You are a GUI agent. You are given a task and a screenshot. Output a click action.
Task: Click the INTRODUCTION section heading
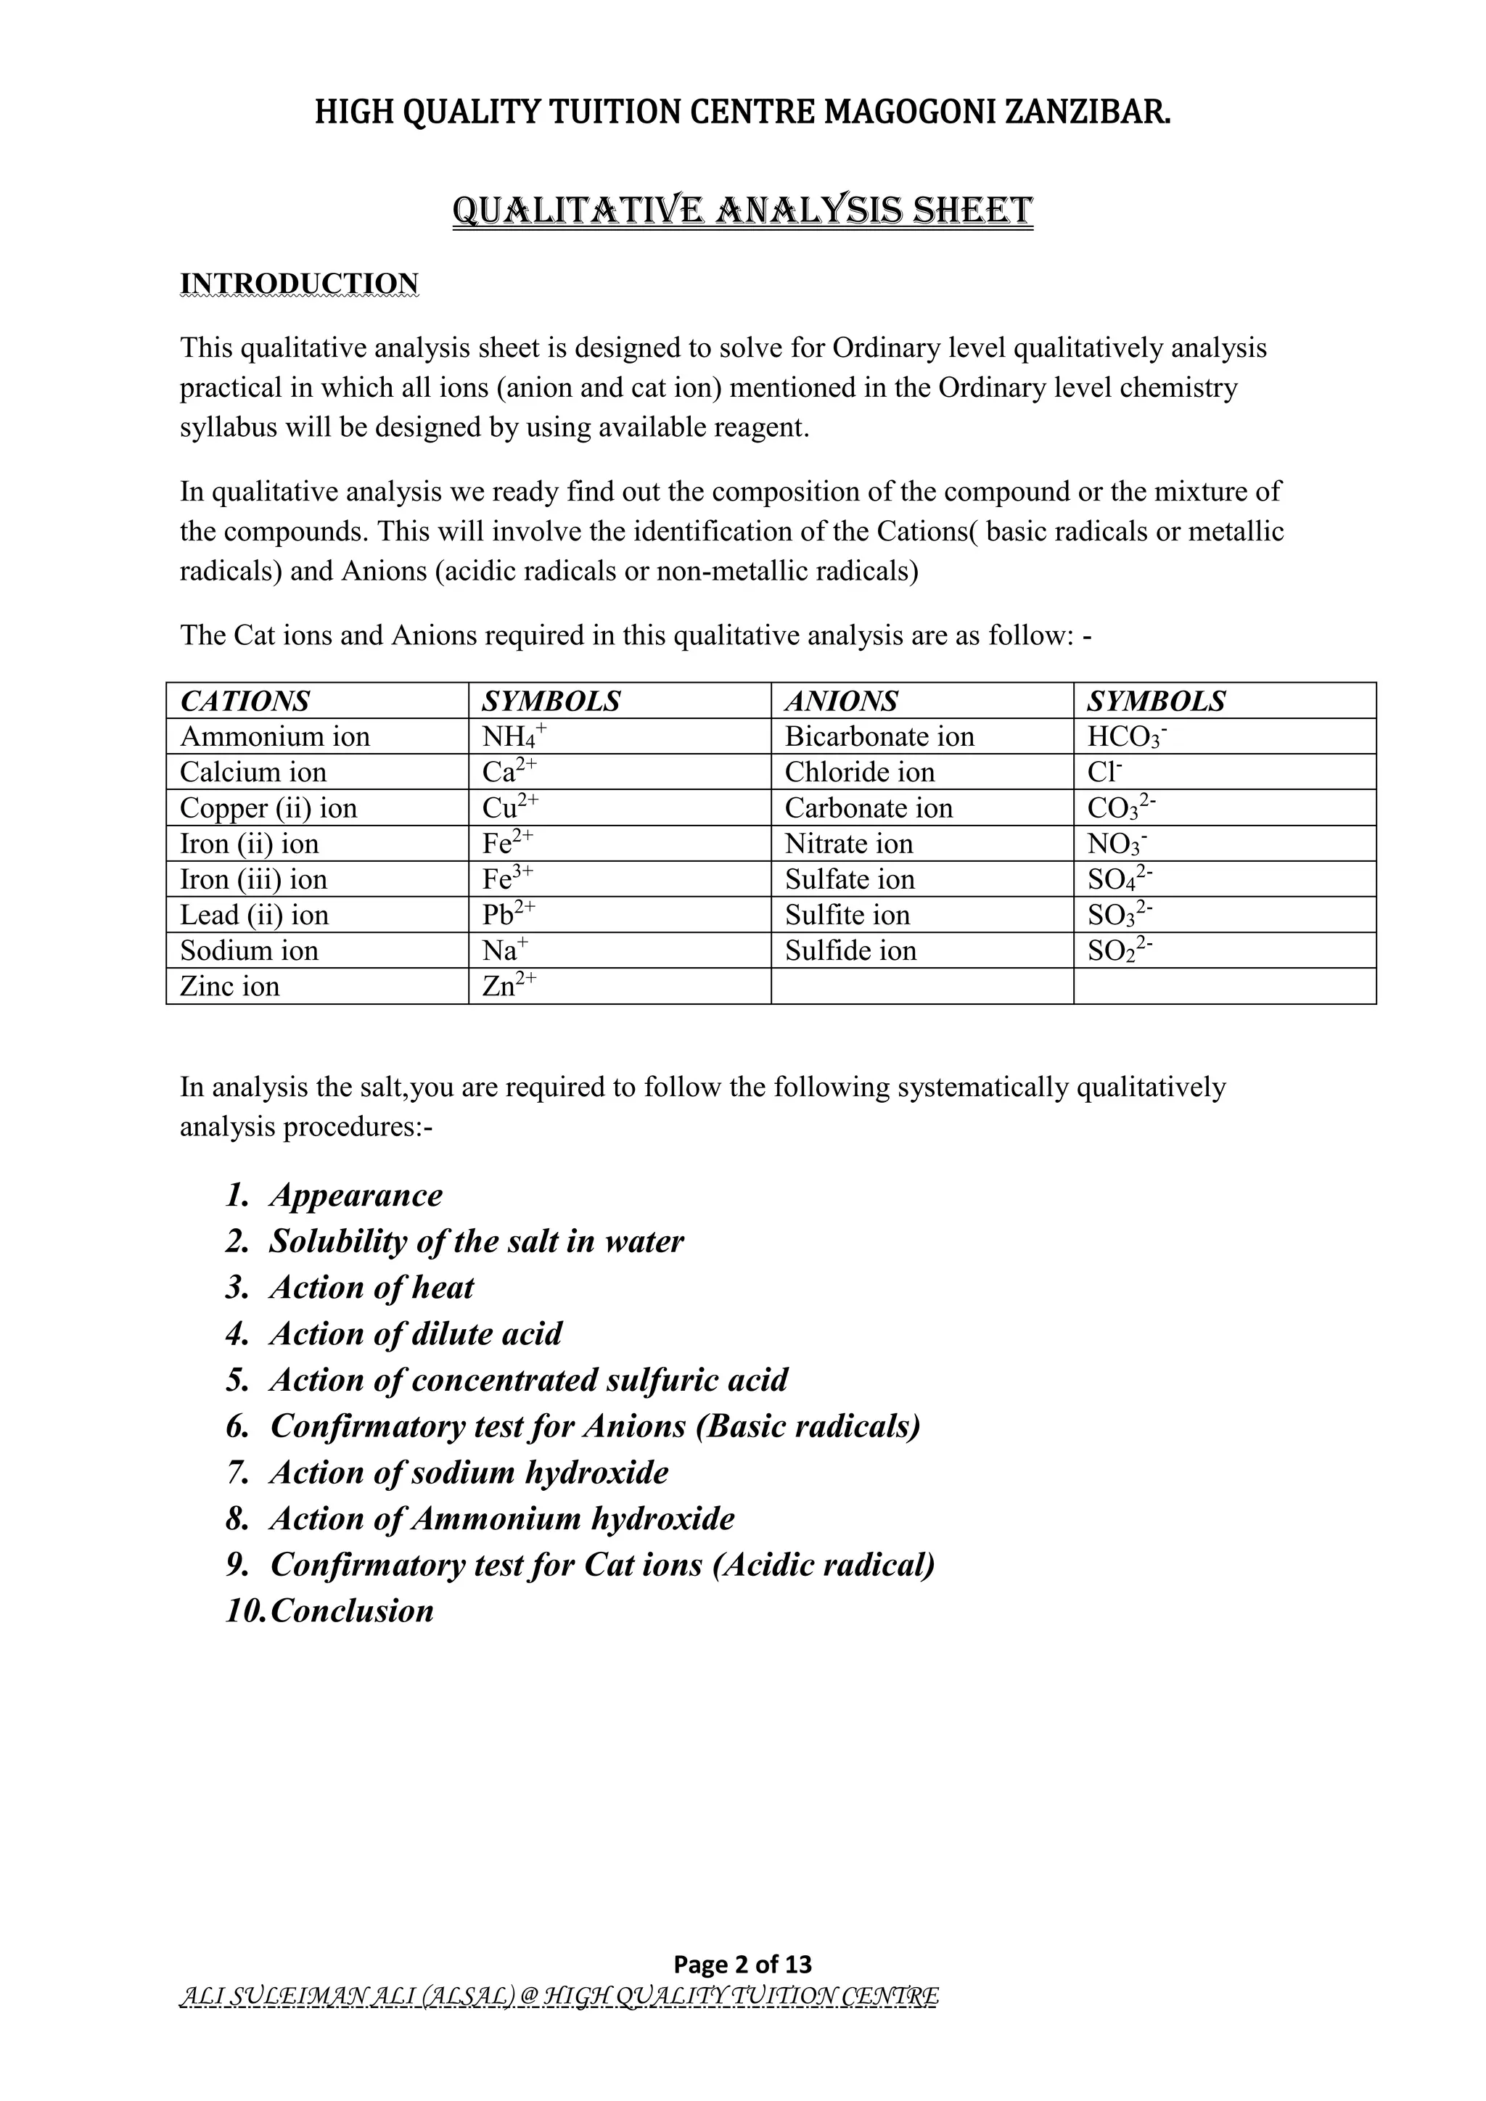(x=299, y=284)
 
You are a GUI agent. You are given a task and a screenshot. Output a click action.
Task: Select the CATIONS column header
(x=245, y=701)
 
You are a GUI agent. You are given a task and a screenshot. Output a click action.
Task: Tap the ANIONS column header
(x=841, y=701)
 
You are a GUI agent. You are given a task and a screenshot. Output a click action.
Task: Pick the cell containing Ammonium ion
(x=274, y=736)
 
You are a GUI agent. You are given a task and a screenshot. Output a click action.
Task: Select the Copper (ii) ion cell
(x=268, y=808)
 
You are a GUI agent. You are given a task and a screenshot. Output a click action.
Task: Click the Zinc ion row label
(x=230, y=987)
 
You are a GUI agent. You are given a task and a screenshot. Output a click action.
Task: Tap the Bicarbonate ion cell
(x=879, y=736)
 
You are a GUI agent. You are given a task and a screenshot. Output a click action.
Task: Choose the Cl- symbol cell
(x=1104, y=773)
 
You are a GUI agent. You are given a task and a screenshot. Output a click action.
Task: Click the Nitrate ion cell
(x=848, y=844)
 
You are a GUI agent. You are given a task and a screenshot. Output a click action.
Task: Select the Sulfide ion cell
(x=850, y=951)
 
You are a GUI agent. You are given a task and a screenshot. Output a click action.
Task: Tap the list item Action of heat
(x=371, y=1288)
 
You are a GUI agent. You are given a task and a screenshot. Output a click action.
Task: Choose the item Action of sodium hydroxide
(x=469, y=1472)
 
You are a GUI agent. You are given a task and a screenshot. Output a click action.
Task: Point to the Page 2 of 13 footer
(x=742, y=1964)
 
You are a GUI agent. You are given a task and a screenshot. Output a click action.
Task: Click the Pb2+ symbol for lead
(x=508, y=914)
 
